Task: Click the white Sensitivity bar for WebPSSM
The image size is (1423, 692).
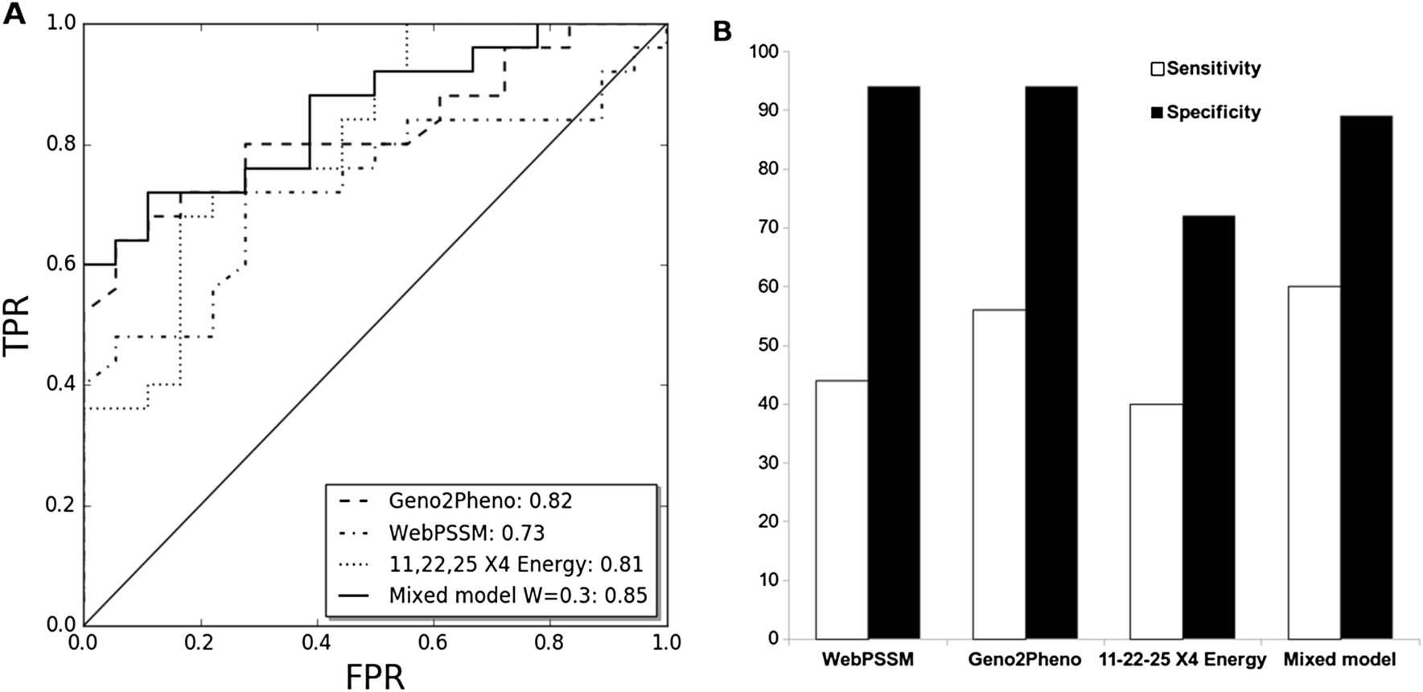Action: click(x=841, y=510)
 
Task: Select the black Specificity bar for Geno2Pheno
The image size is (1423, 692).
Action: click(x=1051, y=363)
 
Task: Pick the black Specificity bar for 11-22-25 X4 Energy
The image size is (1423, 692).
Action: click(x=1208, y=427)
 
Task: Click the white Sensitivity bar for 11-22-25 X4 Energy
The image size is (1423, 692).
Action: click(x=1156, y=521)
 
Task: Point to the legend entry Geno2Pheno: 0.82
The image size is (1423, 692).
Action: click(x=480, y=500)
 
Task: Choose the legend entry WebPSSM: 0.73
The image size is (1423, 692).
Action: click(x=467, y=533)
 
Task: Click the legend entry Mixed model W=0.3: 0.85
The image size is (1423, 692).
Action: click(x=517, y=595)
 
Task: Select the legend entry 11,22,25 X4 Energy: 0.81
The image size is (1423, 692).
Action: click(x=516, y=564)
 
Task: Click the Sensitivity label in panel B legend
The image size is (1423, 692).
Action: click(x=1213, y=69)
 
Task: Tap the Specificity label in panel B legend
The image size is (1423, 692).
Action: click(x=1213, y=113)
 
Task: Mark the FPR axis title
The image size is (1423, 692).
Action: click(x=374, y=676)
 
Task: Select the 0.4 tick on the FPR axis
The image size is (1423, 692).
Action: click(x=315, y=643)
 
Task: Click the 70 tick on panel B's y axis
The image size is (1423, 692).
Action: click(x=769, y=229)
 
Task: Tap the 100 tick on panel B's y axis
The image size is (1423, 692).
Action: click(x=765, y=52)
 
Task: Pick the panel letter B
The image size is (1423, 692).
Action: click(x=722, y=31)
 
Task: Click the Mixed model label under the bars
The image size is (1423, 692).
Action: click(x=1339, y=660)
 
